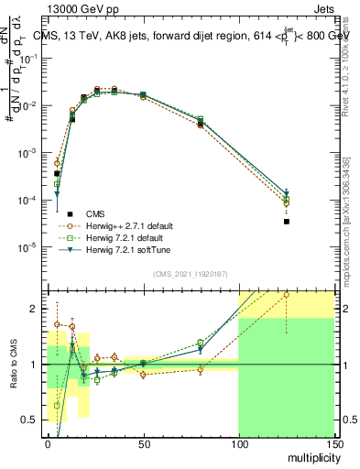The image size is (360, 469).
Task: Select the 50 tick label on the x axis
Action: [143, 444]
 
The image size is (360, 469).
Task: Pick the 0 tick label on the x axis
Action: [48, 444]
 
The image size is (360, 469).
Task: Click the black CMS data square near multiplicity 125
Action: [287, 222]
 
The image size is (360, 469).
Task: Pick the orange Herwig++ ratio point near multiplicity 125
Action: [287, 295]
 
